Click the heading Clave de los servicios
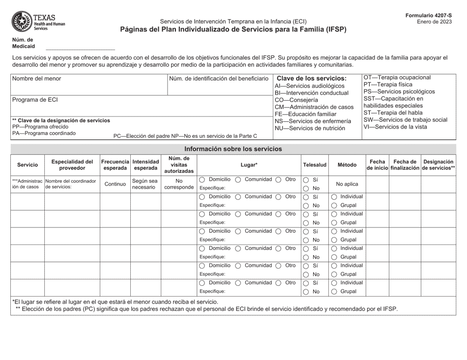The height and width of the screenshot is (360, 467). (312, 78)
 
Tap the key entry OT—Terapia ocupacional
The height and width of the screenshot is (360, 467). (397, 77)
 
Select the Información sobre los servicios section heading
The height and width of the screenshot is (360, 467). (233, 148)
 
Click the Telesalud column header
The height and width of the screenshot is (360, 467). (314, 165)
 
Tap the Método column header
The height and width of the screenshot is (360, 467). (347, 165)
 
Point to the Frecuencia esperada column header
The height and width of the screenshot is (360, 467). (115, 165)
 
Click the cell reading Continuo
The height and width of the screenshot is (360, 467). (115, 184)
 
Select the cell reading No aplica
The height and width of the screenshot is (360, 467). (347, 184)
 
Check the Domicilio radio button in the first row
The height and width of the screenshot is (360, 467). (203, 180)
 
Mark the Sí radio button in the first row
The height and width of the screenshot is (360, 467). (306, 180)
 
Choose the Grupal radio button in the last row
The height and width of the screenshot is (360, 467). (334, 291)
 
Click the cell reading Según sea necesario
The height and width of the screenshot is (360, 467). (146, 184)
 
